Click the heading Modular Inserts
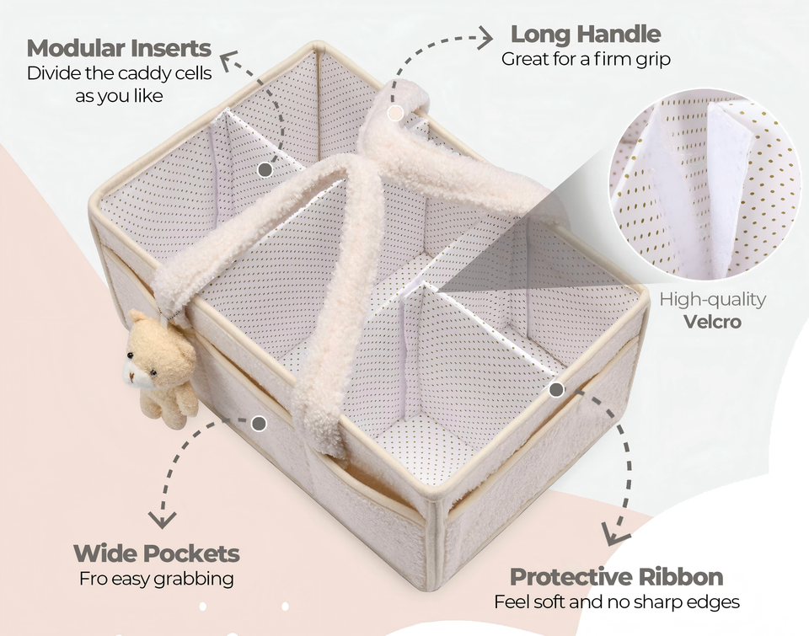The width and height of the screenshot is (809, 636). pyautogui.click(x=119, y=47)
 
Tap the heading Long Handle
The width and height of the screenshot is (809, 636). pyautogui.click(x=586, y=35)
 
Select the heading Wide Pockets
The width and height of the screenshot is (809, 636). pyautogui.click(x=157, y=553)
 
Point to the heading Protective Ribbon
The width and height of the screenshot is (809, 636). pyautogui.click(x=616, y=577)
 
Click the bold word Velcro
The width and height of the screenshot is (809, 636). pyautogui.click(x=712, y=322)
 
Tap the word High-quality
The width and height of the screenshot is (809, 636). pyautogui.click(x=713, y=299)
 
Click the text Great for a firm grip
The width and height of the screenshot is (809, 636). pyautogui.click(x=586, y=59)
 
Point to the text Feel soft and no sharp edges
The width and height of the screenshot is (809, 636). pyautogui.click(x=617, y=602)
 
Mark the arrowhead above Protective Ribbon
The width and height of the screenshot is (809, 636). pyautogui.click(x=616, y=534)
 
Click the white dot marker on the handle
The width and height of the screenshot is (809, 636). pyautogui.click(x=395, y=111)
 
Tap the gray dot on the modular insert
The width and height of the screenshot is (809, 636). pyautogui.click(x=265, y=169)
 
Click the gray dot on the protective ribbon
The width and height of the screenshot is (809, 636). pyautogui.click(x=556, y=389)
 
